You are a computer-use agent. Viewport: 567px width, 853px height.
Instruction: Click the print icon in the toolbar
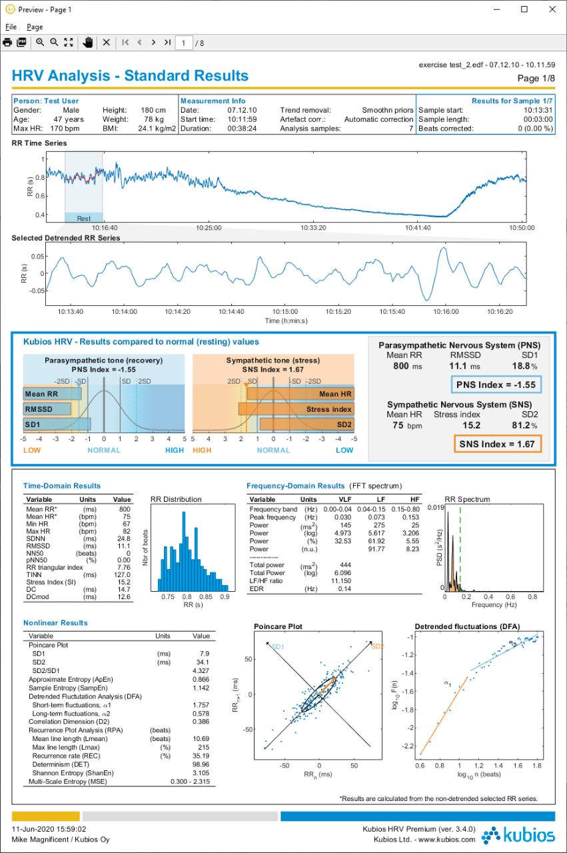pos(7,43)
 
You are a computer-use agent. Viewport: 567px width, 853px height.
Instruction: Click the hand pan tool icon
pos(87,43)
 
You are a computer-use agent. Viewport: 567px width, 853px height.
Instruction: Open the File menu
pos(11,27)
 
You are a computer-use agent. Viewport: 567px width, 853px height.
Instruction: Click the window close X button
pos(552,9)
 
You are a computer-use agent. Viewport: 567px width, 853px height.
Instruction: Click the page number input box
pos(183,43)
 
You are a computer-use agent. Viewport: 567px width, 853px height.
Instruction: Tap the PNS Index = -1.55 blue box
pos(496,385)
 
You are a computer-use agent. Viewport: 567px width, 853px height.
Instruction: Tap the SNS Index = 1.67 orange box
pos(498,444)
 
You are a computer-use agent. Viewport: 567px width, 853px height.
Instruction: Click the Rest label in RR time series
pos(84,219)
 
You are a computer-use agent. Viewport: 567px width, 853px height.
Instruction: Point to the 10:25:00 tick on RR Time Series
pos(209,228)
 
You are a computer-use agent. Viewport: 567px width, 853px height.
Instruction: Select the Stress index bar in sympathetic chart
pos(296,409)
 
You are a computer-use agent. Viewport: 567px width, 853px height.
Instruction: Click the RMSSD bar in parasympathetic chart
pos(47,409)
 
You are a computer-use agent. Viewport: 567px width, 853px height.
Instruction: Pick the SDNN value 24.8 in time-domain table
pos(124,539)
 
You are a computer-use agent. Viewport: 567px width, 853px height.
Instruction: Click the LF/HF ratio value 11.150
pos(341,581)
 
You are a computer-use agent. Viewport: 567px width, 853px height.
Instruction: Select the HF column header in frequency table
pos(414,499)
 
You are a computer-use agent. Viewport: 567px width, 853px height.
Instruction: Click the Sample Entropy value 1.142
pos(201,688)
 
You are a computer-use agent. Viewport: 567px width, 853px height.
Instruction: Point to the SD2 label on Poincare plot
pos(378,646)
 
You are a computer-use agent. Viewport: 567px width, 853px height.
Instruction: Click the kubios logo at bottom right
pos(518,836)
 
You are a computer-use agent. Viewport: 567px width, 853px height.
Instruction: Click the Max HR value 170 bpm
pos(65,129)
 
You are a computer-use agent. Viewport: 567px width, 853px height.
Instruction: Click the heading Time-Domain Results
pos(62,486)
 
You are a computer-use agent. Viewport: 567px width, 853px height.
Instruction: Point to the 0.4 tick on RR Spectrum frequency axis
pos(488,596)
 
